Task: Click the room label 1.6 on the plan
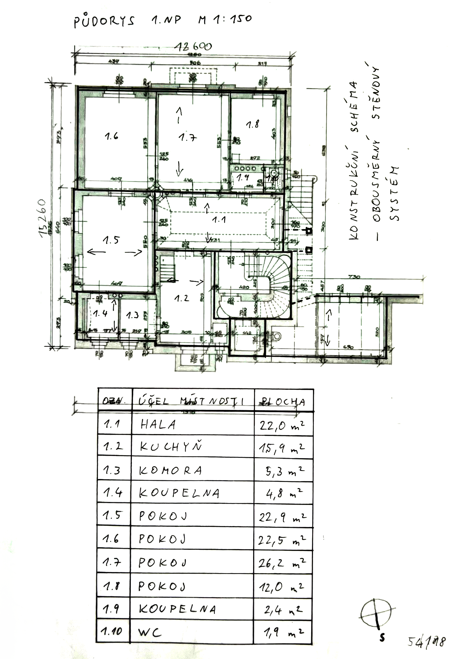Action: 111,136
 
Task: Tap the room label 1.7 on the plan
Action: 188,138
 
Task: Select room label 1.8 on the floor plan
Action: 252,124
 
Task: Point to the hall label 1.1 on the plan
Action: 219,220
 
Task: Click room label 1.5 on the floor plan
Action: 111,240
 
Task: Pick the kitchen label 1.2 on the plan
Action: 182,298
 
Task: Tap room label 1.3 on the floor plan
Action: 132,315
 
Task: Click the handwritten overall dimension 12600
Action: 193,47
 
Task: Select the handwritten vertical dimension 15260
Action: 43,218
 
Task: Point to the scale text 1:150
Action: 233,19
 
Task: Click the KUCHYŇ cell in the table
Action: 171,447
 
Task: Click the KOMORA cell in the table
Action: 171,471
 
